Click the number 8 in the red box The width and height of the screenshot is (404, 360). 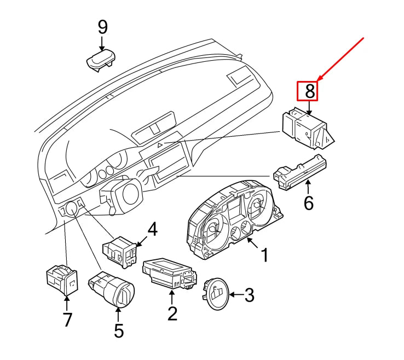coord(310,91)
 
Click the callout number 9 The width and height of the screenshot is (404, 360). coord(102,27)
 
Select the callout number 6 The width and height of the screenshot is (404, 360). coord(309,204)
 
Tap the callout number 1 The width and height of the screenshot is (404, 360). coord(264,254)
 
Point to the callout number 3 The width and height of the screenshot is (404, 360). coord(249,295)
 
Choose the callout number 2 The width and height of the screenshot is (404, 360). coord(172,313)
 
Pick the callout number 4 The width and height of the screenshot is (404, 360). coord(152,230)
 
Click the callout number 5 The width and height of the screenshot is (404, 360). coord(119,330)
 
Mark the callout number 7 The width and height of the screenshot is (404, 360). coord(67,320)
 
